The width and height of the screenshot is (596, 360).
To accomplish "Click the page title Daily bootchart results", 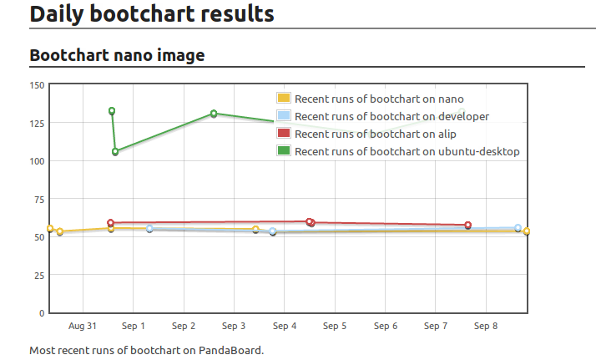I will (x=151, y=13).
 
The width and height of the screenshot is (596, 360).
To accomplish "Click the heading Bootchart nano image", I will (x=117, y=55).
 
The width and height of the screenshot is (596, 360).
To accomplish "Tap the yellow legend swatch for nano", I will (x=284, y=99).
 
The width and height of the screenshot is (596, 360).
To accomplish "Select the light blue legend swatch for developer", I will (x=284, y=116).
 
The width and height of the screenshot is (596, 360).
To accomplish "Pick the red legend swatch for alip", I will (x=284, y=134).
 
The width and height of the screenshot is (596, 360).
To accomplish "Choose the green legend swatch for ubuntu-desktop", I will (x=284, y=151).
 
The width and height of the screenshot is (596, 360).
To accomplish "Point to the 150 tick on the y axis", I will (x=37, y=84).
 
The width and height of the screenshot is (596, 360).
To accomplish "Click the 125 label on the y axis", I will (x=37, y=123).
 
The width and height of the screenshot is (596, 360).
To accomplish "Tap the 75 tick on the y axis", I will (x=38, y=199).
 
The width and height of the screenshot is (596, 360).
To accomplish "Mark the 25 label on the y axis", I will (x=38, y=275).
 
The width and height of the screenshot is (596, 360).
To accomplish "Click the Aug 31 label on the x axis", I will (x=83, y=326).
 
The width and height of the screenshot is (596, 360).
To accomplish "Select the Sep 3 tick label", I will (x=234, y=326).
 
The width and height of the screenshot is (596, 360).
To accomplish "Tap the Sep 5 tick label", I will (x=334, y=326).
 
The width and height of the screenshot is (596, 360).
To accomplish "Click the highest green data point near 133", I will (x=112, y=111).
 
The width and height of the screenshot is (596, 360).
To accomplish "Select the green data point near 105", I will (x=115, y=152).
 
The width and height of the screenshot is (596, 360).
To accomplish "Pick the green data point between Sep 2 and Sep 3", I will (x=214, y=114).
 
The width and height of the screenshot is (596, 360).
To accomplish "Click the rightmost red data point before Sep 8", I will (x=467, y=226).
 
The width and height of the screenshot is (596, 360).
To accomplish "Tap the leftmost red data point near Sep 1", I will (x=110, y=224).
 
